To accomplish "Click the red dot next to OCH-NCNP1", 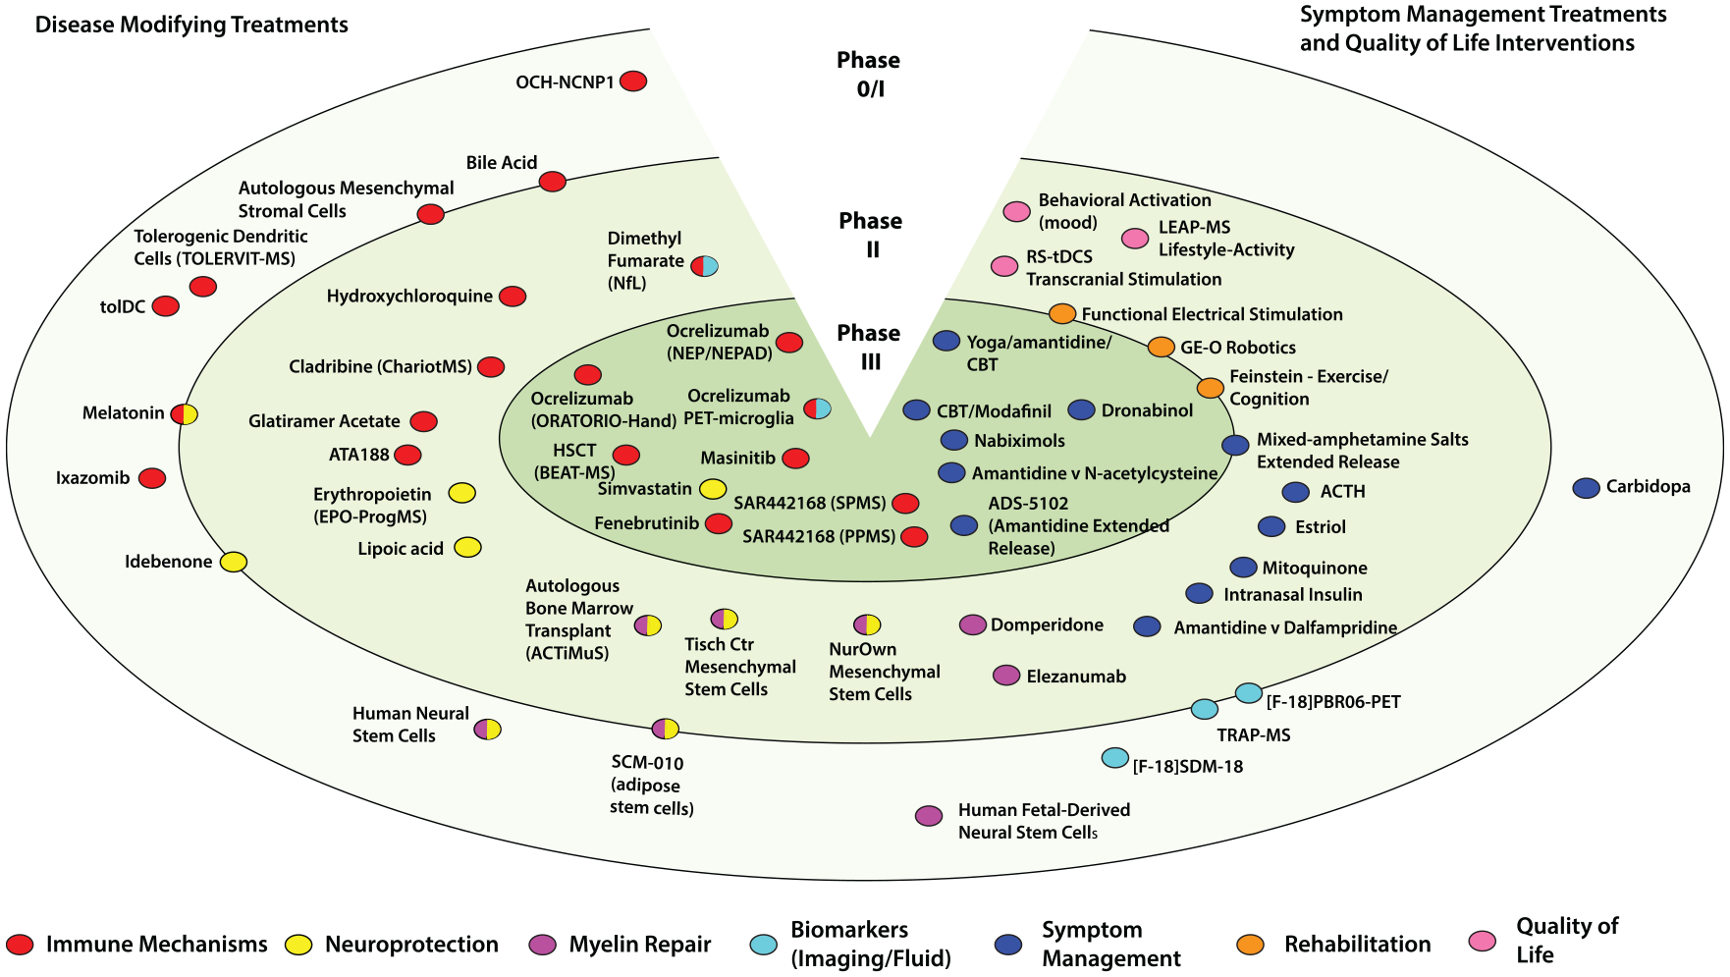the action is tap(633, 81).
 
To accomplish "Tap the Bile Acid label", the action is tap(502, 162).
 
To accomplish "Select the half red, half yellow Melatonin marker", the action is tap(185, 413).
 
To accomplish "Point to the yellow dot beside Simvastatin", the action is tap(713, 489).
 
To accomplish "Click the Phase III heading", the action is tap(869, 348).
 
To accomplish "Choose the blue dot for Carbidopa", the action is tap(1587, 488).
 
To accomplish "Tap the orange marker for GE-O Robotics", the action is tap(1162, 347).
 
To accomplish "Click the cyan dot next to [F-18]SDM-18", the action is tap(1115, 757).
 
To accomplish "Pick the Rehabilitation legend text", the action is tap(1358, 945).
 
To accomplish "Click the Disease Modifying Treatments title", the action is tap(191, 25).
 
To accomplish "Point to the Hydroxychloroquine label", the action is tap(409, 296).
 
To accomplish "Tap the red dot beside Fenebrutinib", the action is tap(719, 523).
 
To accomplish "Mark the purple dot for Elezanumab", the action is tap(1006, 675).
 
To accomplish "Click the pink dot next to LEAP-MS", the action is tap(1135, 238).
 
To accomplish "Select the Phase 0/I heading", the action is tap(869, 75).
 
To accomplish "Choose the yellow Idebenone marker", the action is tap(233, 562).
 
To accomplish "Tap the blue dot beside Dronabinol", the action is tap(1081, 409).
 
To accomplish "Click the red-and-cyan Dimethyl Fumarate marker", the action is tap(705, 265).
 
